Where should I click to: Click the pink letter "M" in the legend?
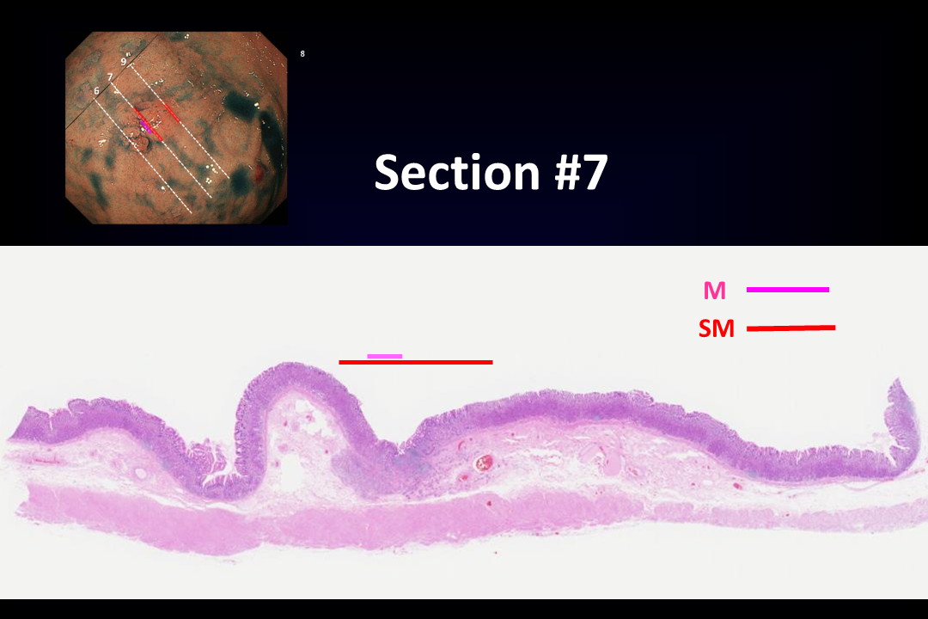[714, 291]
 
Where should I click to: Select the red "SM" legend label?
[716, 328]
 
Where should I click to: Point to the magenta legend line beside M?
[788, 290]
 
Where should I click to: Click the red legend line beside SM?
[791, 328]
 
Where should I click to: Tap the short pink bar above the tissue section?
[385, 356]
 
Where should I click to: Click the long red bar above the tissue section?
[416, 362]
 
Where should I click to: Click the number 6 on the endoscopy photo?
[96, 91]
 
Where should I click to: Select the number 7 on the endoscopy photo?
[110, 77]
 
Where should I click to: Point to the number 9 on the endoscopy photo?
[124, 62]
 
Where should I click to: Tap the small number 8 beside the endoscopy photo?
[302, 54]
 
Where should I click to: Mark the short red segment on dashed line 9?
[172, 113]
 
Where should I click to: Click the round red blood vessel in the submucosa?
[485, 462]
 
